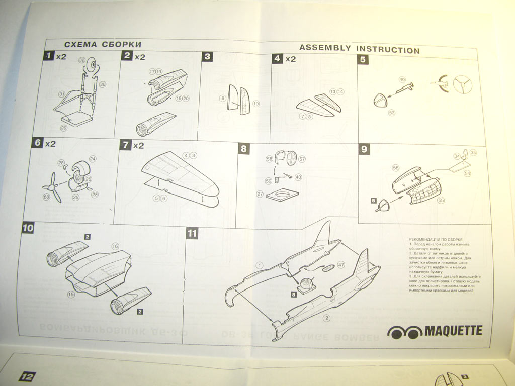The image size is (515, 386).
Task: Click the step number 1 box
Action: [48, 56]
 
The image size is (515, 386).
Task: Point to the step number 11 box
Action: [192, 233]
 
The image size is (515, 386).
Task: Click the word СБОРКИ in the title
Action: [120, 44]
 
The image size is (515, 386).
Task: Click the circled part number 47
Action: [341, 264]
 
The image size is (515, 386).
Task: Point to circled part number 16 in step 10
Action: [115, 246]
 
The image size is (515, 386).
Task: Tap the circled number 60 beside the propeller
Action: [47, 198]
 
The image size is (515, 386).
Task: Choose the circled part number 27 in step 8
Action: [260, 194]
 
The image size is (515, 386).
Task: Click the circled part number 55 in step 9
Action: [441, 200]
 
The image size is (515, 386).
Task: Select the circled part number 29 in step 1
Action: [64, 128]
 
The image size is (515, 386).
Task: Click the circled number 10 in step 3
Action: [256, 104]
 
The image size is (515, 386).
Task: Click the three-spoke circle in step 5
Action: [461, 85]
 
